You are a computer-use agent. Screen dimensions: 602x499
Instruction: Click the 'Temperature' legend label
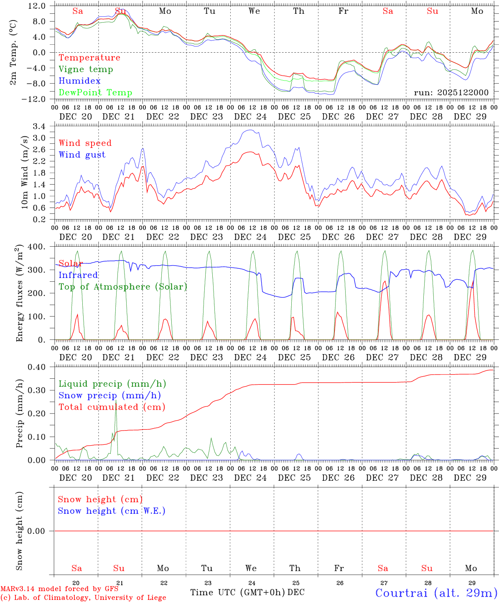tap(89, 58)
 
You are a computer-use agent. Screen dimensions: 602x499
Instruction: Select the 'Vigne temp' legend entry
tap(86, 69)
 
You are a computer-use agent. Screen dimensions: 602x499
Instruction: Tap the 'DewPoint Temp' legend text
tap(95, 93)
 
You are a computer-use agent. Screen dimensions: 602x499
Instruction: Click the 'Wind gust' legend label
tap(82, 155)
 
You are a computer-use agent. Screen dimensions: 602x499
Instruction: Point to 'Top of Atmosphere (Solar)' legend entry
tap(123, 287)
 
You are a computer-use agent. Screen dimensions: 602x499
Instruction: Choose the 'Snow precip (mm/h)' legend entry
tap(109, 395)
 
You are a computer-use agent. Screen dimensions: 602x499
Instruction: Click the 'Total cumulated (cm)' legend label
tap(112, 407)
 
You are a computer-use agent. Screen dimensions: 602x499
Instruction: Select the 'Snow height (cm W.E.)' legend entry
tap(112, 511)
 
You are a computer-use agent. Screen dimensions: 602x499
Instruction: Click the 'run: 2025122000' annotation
tap(451, 93)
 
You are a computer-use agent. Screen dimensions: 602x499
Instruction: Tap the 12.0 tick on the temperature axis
tap(37, 6)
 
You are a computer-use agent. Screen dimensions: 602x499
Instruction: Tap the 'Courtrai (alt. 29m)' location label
tap(436, 592)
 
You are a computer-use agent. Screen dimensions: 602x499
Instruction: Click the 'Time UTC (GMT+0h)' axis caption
tap(237, 592)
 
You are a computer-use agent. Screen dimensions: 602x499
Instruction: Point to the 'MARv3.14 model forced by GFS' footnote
tap(59, 589)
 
